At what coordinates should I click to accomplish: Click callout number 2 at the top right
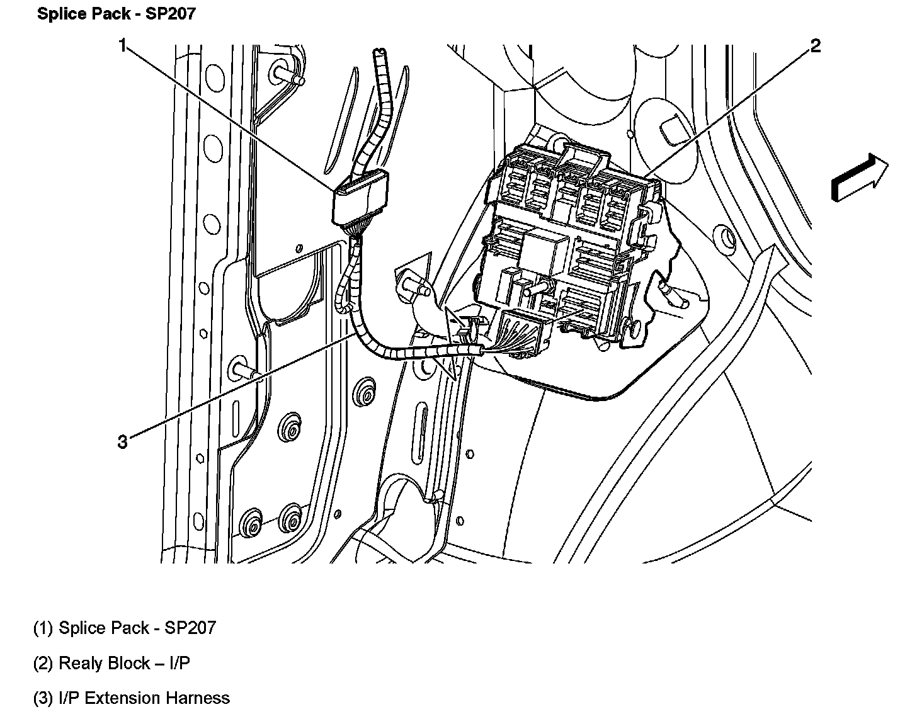[x=815, y=45]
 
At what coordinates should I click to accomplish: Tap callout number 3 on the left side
[x=122, y=442]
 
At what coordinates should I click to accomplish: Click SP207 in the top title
[x=171, y=14]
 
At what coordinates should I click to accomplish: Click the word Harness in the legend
[x=198, y=698]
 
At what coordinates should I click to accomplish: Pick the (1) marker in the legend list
[x=43, y=628]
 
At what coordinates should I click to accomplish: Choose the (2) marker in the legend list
[x=43, y=663]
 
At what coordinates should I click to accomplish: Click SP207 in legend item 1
[x=190, y=628]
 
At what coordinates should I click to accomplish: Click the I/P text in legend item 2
[x=179, y=663]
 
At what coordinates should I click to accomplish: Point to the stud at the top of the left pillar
[x=291, y=75]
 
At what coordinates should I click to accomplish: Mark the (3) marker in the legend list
[x=43, y=698]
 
